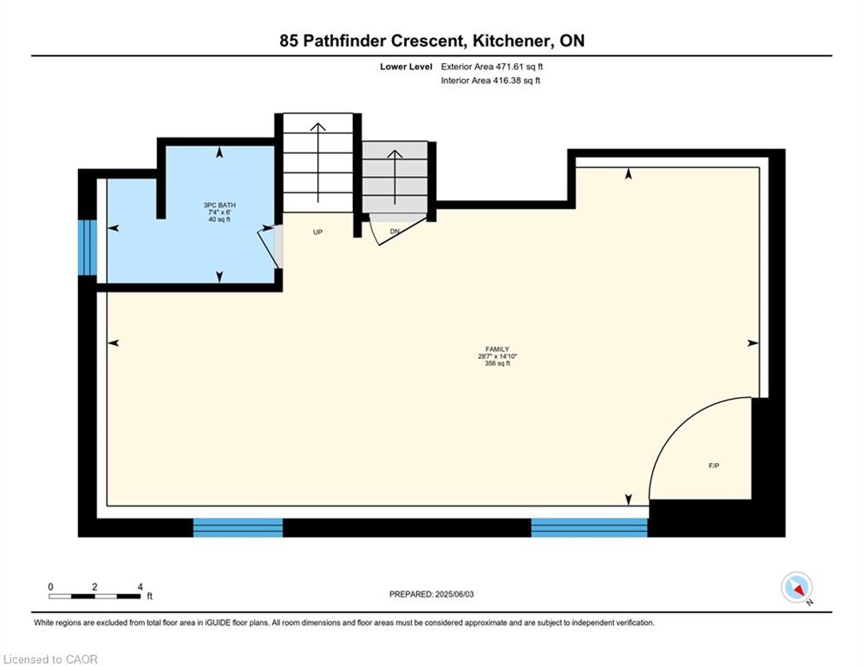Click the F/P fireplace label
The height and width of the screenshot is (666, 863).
pos(714,466)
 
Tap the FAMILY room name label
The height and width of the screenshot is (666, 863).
pos(497,349)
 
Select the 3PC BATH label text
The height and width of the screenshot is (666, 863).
pos(219,206)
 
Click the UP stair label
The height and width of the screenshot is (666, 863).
pos(317,232)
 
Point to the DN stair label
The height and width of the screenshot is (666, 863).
pos(395,232)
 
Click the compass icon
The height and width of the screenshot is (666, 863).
pos(796,587)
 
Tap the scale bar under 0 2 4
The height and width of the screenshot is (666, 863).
pos(95,596)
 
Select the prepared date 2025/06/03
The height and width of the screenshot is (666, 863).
pos(454,594)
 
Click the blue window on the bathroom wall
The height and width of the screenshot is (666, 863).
pos(87,247)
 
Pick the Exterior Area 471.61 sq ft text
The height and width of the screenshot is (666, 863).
pos(492,67)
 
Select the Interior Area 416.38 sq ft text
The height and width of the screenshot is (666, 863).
pos(490,81)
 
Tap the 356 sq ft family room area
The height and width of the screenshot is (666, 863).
pos(497,363)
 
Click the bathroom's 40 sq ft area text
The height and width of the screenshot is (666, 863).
pos(219,219)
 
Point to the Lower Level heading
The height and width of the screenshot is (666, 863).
pos(406,67)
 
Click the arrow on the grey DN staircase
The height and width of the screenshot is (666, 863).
pos(395,177)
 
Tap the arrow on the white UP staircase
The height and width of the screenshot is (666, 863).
pos(317,162)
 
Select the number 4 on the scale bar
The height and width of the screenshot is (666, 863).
pos(141,587)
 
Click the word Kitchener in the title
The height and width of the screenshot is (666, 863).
pos(512,41)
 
